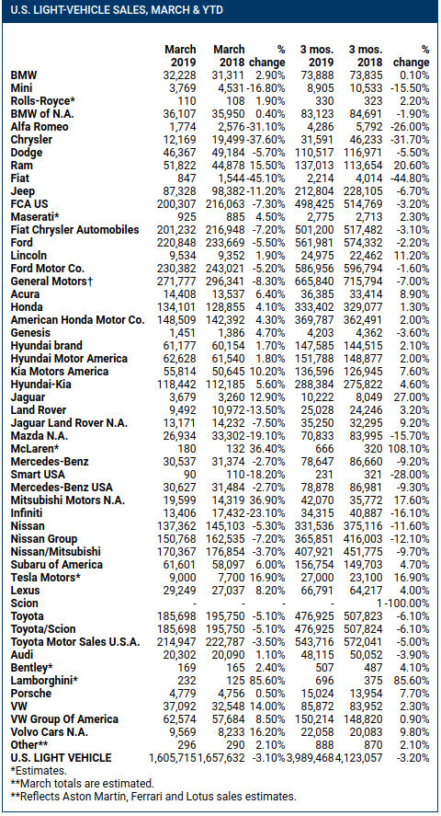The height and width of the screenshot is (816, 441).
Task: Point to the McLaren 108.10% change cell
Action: (408, 449)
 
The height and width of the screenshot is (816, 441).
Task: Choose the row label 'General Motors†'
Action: (47, 282)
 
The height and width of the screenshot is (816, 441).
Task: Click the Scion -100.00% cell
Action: (407, 603)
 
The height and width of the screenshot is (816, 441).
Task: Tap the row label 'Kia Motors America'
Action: (59, 372)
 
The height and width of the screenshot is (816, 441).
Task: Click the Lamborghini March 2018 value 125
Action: (236, 680)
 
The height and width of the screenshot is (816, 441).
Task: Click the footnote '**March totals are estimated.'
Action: (82, 783)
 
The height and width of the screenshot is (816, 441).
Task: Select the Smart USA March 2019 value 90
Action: (190, 475)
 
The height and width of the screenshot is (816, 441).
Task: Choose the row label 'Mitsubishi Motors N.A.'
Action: (63, 500)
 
